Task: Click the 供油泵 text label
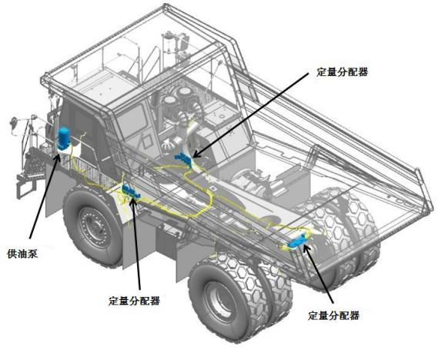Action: click(x=22, y=254)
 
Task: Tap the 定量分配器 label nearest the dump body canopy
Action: click(x=342, y=72)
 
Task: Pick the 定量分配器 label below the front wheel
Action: click(x=134, y=301)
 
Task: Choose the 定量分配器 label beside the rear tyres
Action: click(x=334, y=315)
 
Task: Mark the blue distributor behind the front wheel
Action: click(x=131, y=192)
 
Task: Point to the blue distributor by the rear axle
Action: click(x=298, y=242)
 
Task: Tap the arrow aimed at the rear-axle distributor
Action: click(x=318, y=274)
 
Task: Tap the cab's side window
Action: click(x=134, y=119)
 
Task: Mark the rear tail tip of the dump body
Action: click(x=431, y=205)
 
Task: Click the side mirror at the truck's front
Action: click(x=14, y=123)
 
